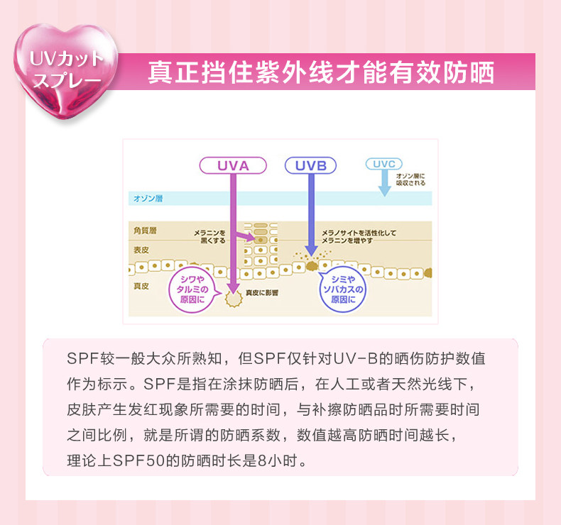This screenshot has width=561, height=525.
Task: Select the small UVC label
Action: (x=383, y=164)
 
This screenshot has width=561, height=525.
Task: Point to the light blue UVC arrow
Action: (x=384, y=184)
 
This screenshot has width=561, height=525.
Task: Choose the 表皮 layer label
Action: (x=140, y=250)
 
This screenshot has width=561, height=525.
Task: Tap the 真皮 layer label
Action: (x=140, y=286)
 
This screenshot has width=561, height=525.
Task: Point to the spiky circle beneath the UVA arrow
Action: (x=232, y=297)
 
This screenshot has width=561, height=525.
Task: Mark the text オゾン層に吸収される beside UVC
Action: (x=410, y=178)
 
